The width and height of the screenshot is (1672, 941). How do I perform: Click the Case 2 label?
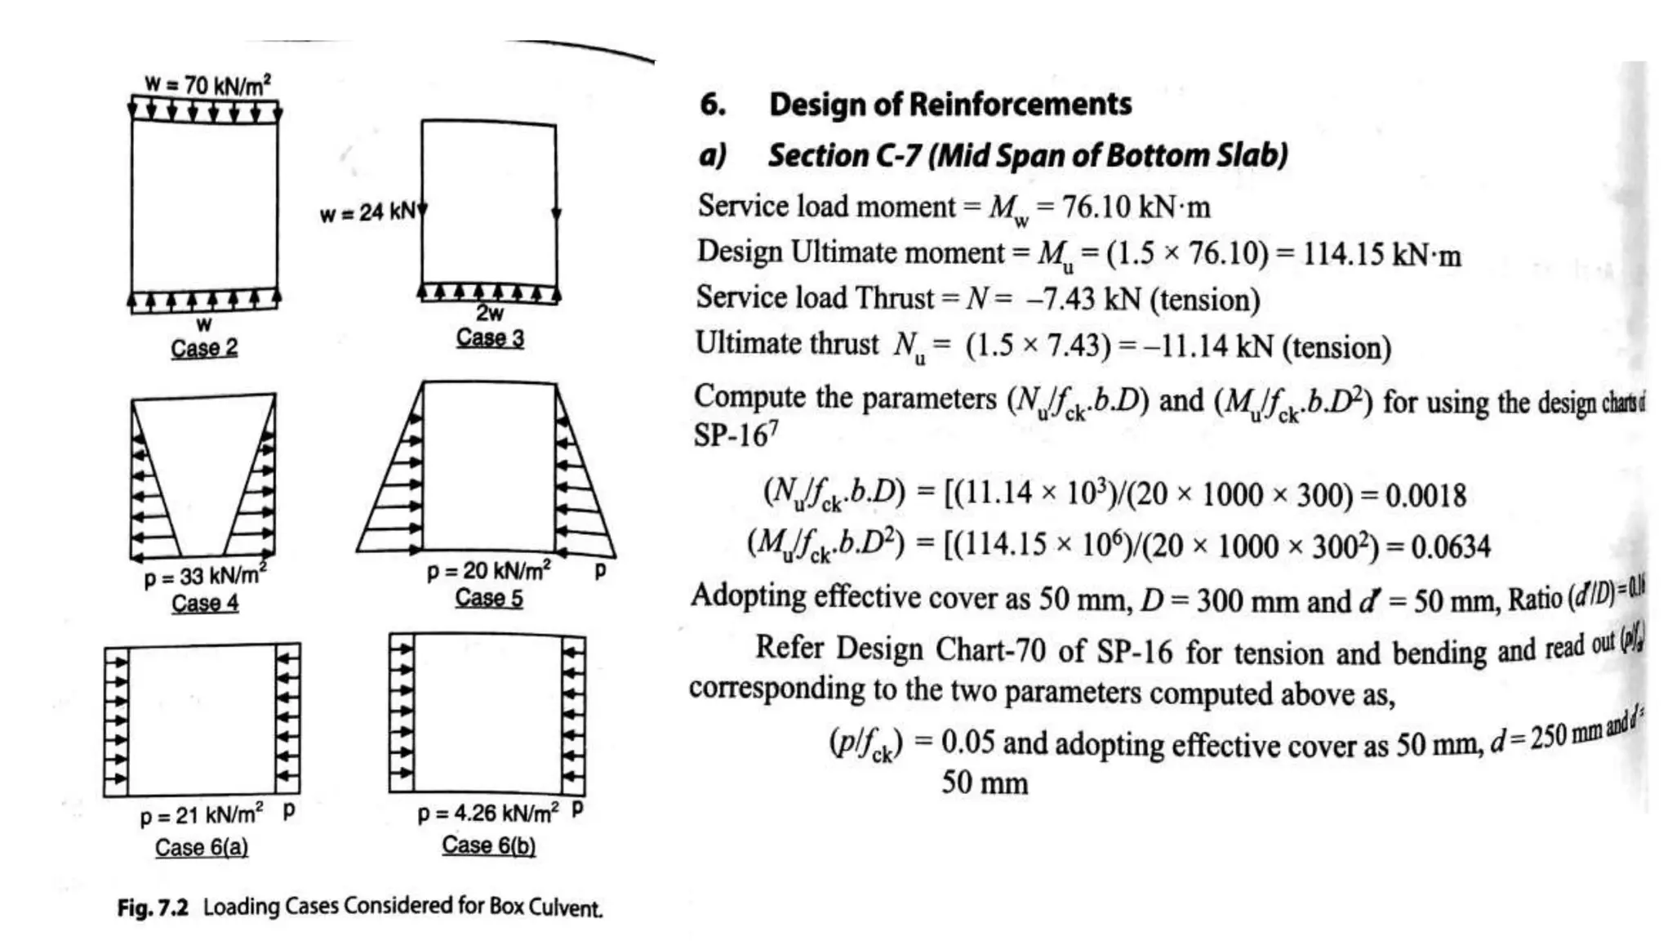[x=204, y=348]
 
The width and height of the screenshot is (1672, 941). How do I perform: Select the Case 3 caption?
[x=490, y=337]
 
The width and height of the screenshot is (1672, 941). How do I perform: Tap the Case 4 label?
[x=205, y=603]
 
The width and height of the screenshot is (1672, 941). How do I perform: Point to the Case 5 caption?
[x=489, y=598]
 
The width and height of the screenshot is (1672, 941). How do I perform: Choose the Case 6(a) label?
[x=202, y=847]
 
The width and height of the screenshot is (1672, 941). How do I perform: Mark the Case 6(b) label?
[x=489, y=845]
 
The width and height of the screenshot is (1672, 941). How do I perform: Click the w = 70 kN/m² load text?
[x=207, y=84]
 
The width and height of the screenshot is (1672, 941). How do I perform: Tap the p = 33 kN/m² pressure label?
[x=205, y=575]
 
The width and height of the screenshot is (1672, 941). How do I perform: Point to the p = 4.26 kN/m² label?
[x=488, y=813]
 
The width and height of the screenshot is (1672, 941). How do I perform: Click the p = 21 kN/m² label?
[x=202, y=815]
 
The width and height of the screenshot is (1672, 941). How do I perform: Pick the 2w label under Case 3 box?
[x=490, y=313]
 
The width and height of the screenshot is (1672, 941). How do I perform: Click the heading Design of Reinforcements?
[x=950, y=105]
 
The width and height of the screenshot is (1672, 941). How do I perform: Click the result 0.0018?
[x=1425, y=495]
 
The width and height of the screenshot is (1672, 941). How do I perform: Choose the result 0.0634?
[x=1450, y=546]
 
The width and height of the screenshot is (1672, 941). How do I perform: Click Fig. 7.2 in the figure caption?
[x=153, y=908]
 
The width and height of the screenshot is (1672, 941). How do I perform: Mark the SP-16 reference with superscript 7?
[x=735, y=435]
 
